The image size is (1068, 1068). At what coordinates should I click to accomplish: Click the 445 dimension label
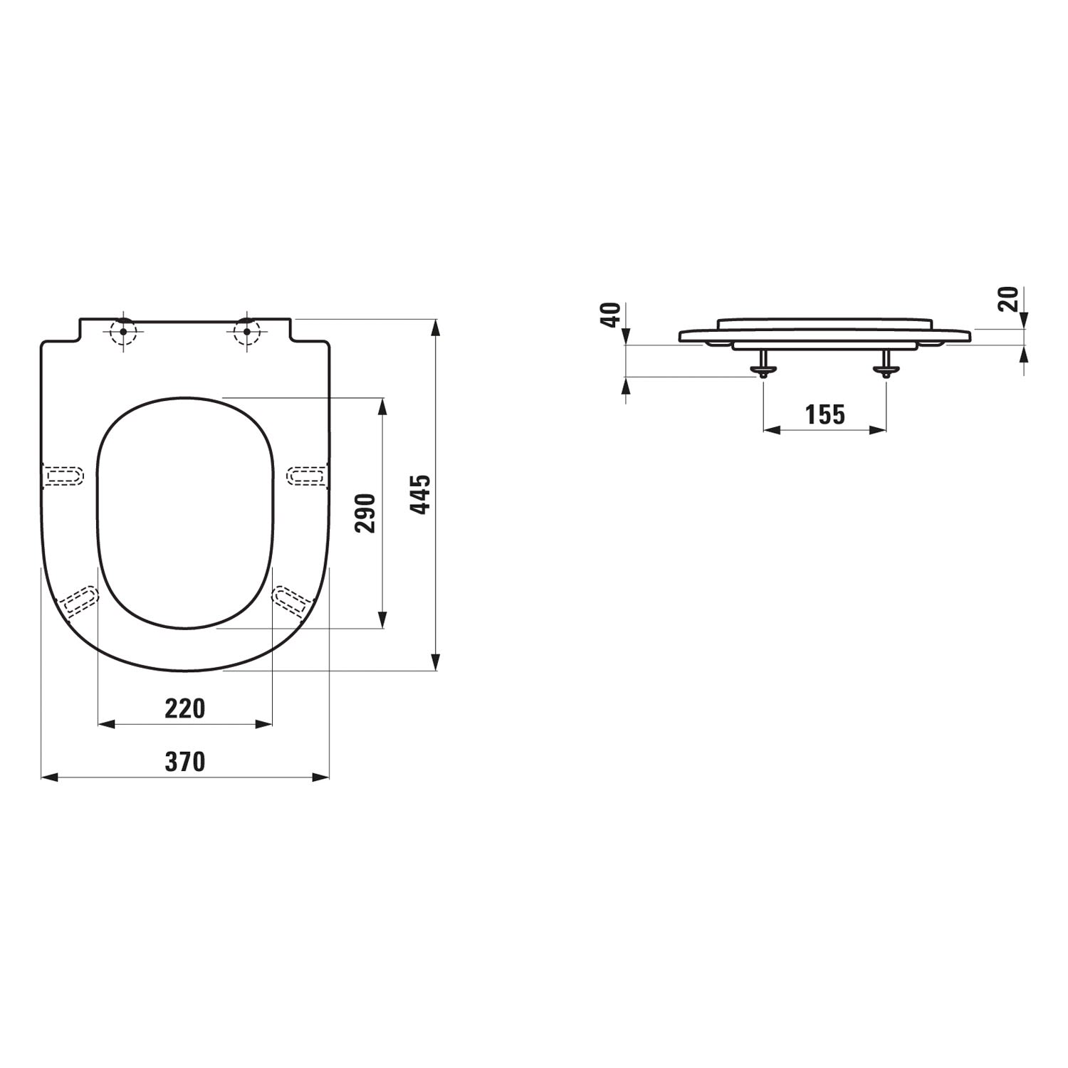422,494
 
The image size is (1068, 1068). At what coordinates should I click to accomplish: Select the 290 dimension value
366,513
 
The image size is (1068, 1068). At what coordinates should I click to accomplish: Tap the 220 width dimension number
185,708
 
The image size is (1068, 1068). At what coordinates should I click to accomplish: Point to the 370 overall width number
185,762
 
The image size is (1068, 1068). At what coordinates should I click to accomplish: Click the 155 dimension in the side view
825,414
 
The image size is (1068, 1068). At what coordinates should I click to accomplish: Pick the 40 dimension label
611,315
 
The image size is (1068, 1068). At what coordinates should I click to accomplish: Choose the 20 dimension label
1008,299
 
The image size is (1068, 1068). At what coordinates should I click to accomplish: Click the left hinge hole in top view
123,331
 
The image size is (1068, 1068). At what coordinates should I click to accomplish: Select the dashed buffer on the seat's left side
63,474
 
